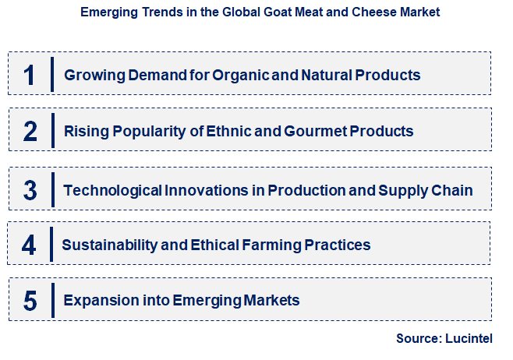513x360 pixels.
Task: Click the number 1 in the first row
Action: click(29, 75)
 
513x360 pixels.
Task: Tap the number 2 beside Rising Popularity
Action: click(30, 131)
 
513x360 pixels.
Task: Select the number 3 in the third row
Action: click(30, 189)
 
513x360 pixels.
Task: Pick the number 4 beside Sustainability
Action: click(29, 245)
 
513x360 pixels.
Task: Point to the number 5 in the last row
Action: click(30, 301)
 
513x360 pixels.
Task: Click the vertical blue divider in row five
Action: click(52, 300)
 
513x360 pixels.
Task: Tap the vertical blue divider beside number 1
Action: click(52, 75)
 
